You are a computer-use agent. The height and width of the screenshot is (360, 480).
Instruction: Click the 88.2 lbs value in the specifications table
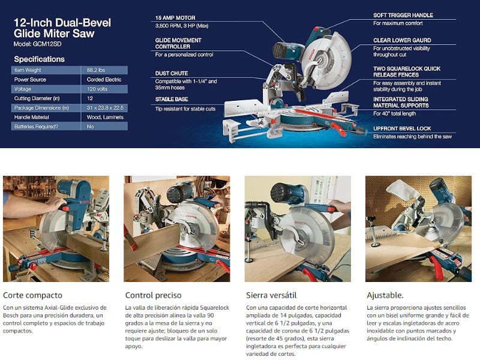pos(96,70)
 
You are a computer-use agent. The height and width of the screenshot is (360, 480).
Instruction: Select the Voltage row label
pos(23,89)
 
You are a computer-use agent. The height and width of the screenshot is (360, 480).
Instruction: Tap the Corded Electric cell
pos(104,80)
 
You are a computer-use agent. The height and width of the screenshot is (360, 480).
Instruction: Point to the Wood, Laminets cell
pos(105,117)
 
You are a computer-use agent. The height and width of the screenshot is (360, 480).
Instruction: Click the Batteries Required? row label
pos(36,127)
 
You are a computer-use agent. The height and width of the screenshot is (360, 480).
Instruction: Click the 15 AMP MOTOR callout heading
pos(175,18)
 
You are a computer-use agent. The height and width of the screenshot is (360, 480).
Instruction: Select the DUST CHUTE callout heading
pos(172,73)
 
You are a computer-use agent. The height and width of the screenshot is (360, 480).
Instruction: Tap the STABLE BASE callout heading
pos(172,99)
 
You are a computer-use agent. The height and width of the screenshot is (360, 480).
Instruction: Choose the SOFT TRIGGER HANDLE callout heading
pos(403,16)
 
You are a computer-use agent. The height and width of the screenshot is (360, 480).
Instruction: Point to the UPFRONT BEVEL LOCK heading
pos(402,128)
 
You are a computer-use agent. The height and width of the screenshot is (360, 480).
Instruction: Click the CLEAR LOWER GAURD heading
pos(402,40)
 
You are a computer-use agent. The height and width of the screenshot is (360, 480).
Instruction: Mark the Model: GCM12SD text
pos(37,44)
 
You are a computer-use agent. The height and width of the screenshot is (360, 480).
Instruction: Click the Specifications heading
pos(39,59)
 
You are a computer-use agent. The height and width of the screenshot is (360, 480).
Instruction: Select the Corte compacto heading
pos(33,295)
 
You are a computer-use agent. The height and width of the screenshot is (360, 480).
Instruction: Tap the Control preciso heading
pos(154,295)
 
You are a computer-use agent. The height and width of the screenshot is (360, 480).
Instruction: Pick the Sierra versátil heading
pos(271,295)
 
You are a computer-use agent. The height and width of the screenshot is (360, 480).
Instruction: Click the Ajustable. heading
pos(385,295)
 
